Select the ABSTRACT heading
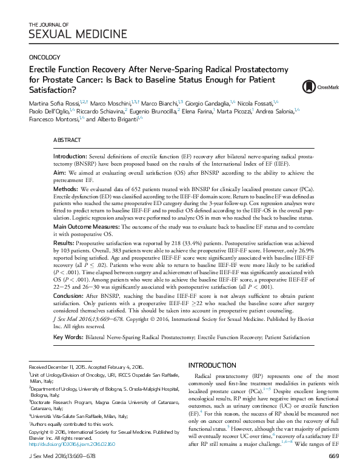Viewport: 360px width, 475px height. (x=67, y=140)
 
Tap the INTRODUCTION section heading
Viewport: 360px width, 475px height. (x=214, y=365)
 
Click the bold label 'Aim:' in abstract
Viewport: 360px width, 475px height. (x=60, y=173)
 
